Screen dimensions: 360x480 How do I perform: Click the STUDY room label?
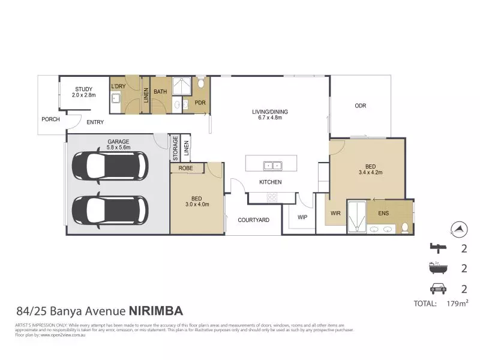point(83,92)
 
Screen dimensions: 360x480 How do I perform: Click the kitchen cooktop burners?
point(271,196)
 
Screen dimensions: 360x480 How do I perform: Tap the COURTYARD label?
point(253,220)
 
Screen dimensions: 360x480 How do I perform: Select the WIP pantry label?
point(302,217)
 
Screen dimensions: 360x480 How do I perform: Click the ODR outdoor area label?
point(360,106)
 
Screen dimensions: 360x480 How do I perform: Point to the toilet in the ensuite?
point(405,227)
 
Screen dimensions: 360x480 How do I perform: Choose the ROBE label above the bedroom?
point(187,169)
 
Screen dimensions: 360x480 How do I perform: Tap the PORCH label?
point(50,119)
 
